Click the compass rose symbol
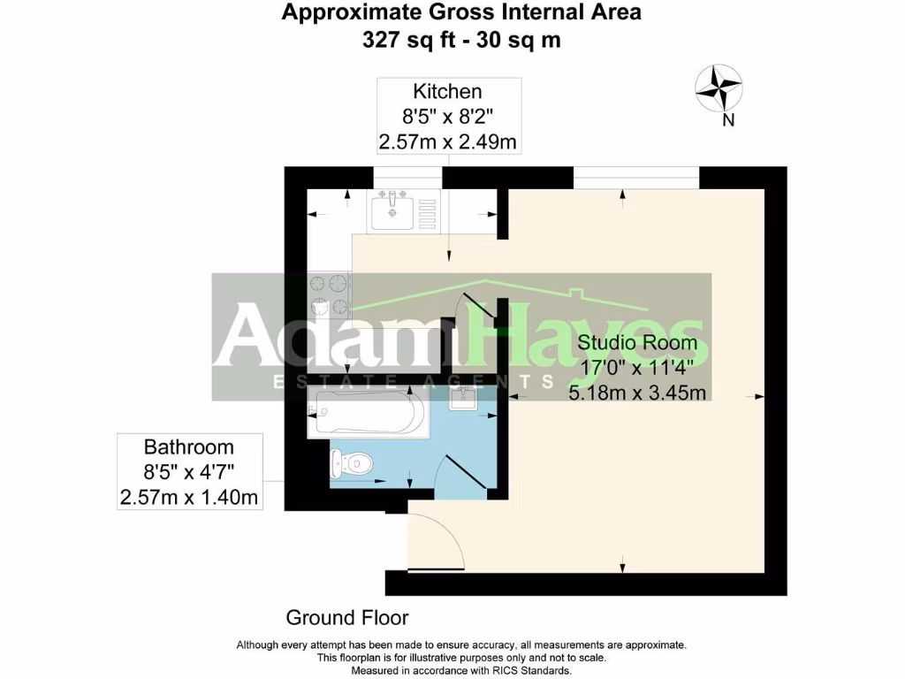(x=718, y=89)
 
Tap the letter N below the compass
(x=728, y=122)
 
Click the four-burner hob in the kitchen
(x=329, y=295)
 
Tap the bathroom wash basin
(x=463, y=399)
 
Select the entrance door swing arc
(x=437, y=540)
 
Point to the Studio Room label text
(x=637, y=342)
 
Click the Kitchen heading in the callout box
(x=447, y=91)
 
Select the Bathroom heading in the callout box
(x=189, y=447)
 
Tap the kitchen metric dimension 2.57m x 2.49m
(x=447, y=141)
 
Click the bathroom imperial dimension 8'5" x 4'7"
(x=189, y=472)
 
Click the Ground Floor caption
(x=346, y=617)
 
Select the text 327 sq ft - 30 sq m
(x=460, y=40)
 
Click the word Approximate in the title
(x=346, y=12)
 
